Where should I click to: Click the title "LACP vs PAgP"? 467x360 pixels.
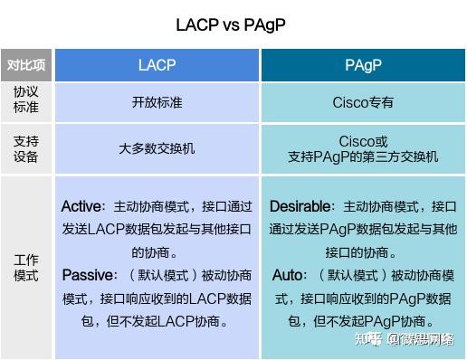point(233,24)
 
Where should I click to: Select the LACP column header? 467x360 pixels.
point(157,65)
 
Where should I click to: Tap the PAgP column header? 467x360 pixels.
point(363,65)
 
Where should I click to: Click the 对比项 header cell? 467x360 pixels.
point(26,65)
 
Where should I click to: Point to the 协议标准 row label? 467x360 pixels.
point(26,101)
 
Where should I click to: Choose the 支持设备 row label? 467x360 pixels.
point(26,149)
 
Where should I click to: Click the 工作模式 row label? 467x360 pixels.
point(26,268)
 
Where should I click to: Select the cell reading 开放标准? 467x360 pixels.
point(157,102)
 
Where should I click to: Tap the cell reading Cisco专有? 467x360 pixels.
point(363,102)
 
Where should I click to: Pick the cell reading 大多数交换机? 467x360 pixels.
point(157,149)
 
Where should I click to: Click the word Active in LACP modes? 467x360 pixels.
point(81,206)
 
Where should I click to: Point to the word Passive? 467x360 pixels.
point(89,274)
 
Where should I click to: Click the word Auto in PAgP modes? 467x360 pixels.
point(290,274)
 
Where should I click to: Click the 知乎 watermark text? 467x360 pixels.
point(366,340)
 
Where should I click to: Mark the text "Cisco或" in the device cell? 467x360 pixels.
point(363,142)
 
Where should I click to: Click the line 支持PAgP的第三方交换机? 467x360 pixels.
point(363,157)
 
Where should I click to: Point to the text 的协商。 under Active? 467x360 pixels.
point(157,251)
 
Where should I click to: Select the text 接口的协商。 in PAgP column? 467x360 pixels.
point(363,251)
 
